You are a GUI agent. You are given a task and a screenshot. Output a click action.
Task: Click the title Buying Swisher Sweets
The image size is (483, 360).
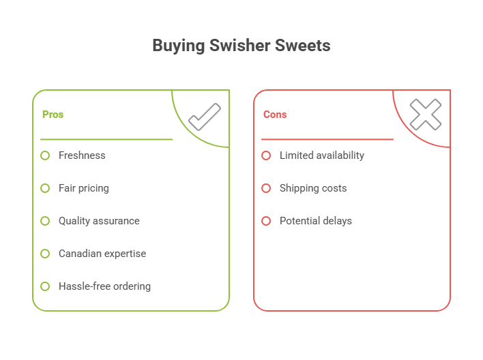(241, 46)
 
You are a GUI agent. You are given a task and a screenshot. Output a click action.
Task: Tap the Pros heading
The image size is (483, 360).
(53, 115)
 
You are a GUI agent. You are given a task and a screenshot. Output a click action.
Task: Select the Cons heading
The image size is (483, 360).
(275, 115)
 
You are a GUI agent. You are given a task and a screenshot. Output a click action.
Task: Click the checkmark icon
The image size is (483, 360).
(204, 117)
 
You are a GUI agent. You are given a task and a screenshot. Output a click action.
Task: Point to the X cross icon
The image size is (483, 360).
(425, 115)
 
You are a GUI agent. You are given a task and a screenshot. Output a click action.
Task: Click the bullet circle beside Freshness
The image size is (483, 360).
(45, 155)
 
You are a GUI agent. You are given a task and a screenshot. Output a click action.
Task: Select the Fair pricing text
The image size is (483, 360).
(83, 188)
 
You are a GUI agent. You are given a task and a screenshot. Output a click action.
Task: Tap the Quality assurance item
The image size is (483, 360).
(99, 221)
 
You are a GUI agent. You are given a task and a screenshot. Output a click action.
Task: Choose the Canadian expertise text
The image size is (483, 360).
(102, 254)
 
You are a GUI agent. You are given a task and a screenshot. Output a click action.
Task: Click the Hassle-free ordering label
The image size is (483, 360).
(104, 286)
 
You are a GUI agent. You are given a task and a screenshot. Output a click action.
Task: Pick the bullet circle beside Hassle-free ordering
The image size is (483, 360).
(45, 286)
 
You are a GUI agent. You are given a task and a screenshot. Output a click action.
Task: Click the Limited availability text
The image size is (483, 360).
(321, 155)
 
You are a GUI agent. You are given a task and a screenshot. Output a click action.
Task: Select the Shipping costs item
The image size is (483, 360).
(312, 188)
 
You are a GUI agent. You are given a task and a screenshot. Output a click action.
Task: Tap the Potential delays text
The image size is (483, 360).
(315, 221)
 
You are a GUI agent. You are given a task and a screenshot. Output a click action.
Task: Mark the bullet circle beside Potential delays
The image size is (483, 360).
(266, 221)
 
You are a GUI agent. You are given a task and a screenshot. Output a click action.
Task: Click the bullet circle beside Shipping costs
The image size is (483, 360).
(266, 188)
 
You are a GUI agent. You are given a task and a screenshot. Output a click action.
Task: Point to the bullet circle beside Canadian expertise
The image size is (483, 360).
(45, 254)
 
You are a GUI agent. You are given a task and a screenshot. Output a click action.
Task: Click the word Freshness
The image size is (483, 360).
(82, 155)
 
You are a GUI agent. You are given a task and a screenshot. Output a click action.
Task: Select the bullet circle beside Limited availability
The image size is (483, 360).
(266, 155)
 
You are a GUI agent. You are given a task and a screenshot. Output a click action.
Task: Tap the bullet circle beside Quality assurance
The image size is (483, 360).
(45, 221)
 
